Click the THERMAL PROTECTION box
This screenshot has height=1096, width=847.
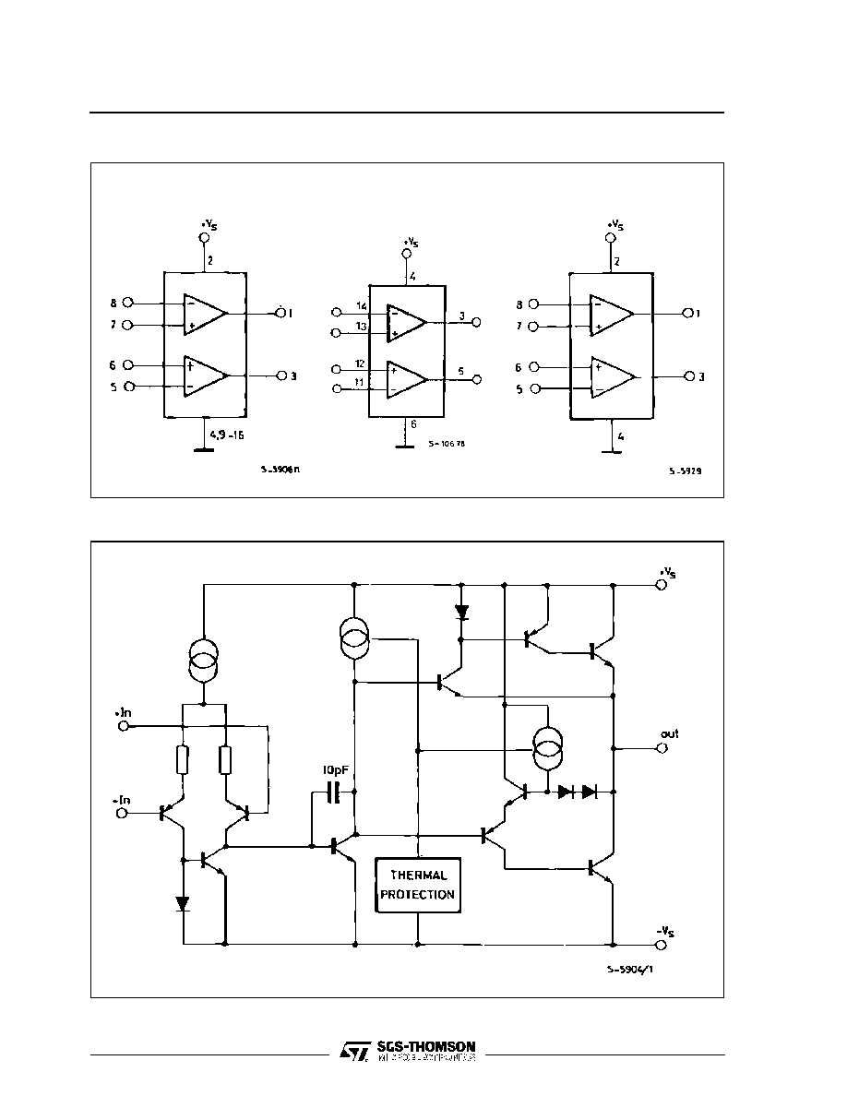(417, 885)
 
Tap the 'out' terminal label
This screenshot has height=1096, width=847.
(669, 733)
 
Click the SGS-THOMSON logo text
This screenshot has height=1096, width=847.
(425, 1047)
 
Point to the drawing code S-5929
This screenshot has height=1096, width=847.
(684, 471)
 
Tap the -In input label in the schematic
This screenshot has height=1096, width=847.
(122, 800)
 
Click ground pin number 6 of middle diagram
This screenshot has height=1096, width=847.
(413, 424)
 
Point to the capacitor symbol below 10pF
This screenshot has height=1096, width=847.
(334, 792)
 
